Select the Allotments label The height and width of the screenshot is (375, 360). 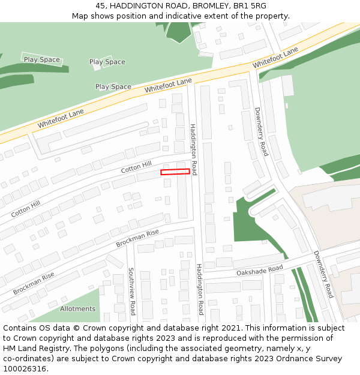pos(77,309)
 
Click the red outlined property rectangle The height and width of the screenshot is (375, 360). pos(175,172)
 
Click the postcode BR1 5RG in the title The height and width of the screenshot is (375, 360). pos(250,5)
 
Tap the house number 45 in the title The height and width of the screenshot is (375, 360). pos(101,5)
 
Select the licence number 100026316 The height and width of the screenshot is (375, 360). pos(25,368)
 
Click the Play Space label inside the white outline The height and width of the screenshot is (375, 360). pos(42,59)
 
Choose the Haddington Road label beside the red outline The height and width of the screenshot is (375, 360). pos(193,149)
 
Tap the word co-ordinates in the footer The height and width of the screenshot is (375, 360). pos(27,359)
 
